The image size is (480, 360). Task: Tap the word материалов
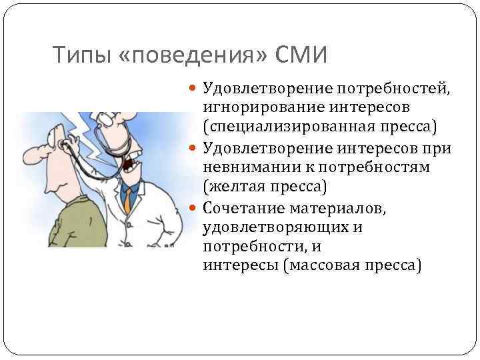pyautogui.click(x=338, y=207)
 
